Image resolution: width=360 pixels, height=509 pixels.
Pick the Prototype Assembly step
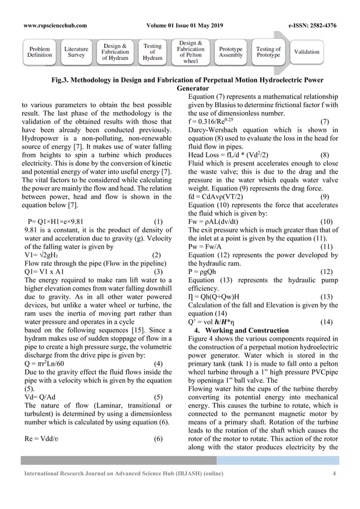[x=231, y=52]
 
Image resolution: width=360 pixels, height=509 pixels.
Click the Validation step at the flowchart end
[x=306, y=52]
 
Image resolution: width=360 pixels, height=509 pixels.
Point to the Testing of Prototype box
[x=269, y=52]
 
